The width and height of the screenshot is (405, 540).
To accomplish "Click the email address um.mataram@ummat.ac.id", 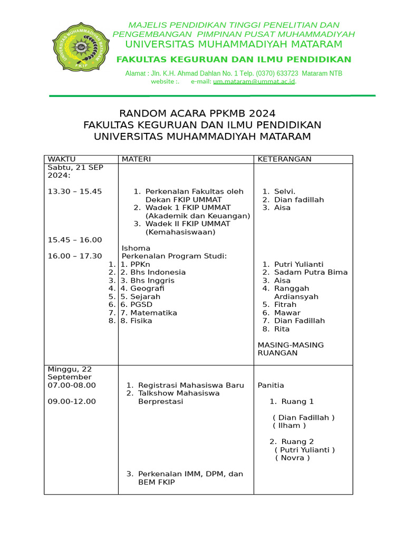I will [254, 82].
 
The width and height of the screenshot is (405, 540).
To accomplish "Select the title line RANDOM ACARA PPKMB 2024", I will [197, 113].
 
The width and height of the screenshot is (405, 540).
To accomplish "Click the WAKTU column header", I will [62, 159].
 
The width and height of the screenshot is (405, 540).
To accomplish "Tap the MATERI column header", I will [136, 159].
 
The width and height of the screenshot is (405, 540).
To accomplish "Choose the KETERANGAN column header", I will [284, 159].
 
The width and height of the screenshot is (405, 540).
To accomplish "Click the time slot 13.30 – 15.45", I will [74, 191].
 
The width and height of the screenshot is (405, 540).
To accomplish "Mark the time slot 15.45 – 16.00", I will [74, 240].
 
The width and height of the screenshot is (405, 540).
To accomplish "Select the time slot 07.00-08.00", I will [72, 385].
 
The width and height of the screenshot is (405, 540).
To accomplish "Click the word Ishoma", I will [136, 248].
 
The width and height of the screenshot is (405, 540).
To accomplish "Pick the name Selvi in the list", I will [284, 191].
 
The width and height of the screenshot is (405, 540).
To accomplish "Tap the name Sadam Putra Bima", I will [311, 272].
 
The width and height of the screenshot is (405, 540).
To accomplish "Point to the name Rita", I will [282, 329].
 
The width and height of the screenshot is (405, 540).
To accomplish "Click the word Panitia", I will [271, 385].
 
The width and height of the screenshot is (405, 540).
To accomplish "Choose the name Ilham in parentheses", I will [289, 426].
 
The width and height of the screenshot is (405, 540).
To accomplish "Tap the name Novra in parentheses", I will [292, 458].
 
